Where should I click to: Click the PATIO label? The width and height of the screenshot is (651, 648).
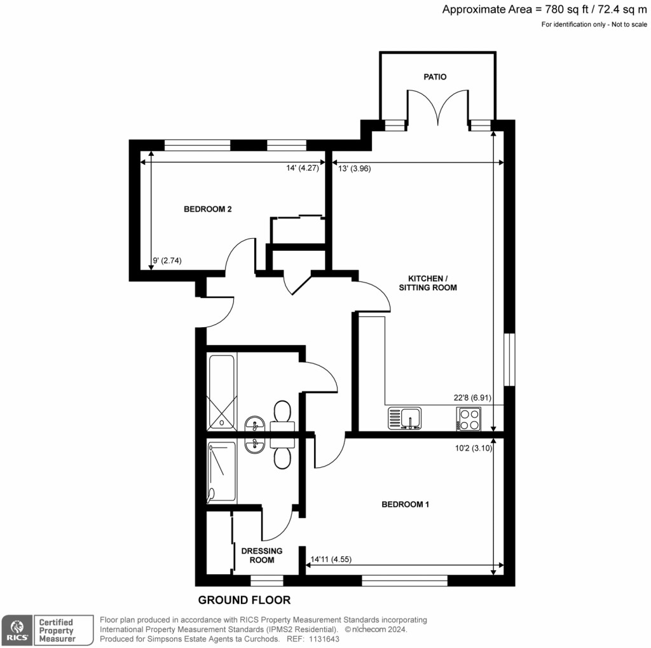pyautogui.click(x=435, y=77)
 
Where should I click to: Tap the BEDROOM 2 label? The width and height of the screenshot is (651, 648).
pyautogui.click(x=207, y=209)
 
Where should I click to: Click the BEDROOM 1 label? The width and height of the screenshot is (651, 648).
pyautogui.click(x=406, y=505)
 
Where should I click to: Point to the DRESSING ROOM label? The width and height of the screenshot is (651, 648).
pyautogui.click(x=262, y=555)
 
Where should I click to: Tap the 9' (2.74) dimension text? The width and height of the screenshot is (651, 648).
pyautogui.click(x=168, y=260)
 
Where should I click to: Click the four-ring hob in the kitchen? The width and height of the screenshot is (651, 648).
pyautogui.click(x=469, y=418)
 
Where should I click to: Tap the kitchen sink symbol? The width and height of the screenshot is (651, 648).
pyautogui.click(x=408, y=419)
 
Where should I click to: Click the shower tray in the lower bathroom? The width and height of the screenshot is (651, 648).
pyautogui.click(x=221, y=472)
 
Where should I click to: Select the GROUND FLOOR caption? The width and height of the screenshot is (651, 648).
pyautogui.click(x=244, y=600)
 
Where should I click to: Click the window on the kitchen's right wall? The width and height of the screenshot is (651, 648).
pyautogui.click(x=509, y=359)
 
